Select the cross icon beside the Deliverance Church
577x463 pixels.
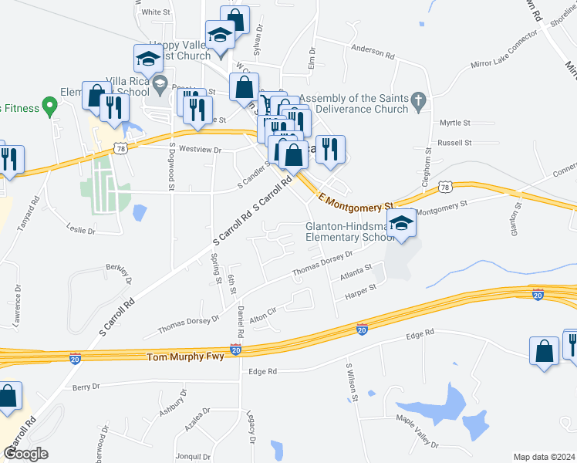pyautogui.click(x=418, y=100)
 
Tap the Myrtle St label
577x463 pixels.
pyautogui.click(x=454, y=123)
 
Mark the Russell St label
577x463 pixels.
pyautogui.click(x=454, y=143)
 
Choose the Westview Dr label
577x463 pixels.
pyautogui.click(x=200, y=149)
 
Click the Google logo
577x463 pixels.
pyautogui.click(x=25, y=454)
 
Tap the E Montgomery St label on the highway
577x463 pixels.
pyautogui.click(x=356, y=204)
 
